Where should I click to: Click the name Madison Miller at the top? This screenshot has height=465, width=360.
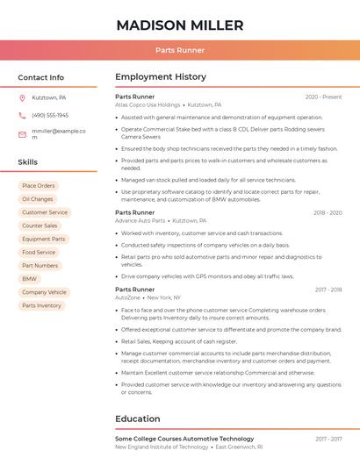(179, 25)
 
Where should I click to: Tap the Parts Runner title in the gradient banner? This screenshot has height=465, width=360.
(179, 51)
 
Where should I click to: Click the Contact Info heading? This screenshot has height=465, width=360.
(40, 77)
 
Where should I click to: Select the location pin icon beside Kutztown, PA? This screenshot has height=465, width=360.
(22, 98)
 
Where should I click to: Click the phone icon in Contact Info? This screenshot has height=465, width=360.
(22, 115)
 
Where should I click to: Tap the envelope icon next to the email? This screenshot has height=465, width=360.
(22, 134)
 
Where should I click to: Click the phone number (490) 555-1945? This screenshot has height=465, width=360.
(50, 115)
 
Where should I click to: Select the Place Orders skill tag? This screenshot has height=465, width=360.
(39, 186)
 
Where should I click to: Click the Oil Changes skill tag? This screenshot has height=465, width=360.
(38, 199)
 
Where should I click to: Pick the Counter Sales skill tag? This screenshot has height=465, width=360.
(40, 225)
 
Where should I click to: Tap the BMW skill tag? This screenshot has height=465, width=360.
(30, 279)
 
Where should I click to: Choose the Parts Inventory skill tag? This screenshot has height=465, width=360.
(42, 305)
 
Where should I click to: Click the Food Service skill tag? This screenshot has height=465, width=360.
(39, 253)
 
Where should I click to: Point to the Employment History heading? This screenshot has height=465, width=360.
(161, 77)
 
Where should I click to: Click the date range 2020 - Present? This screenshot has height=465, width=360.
(323, 97)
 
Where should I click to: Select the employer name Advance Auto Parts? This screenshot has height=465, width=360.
(140, 221)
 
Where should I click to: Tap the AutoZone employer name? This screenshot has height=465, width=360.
(127, 297)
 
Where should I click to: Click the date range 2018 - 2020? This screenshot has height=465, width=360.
(328, 213)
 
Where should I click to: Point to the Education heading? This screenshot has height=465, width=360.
(138, 418)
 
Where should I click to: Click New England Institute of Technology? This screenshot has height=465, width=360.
(162, 447)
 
